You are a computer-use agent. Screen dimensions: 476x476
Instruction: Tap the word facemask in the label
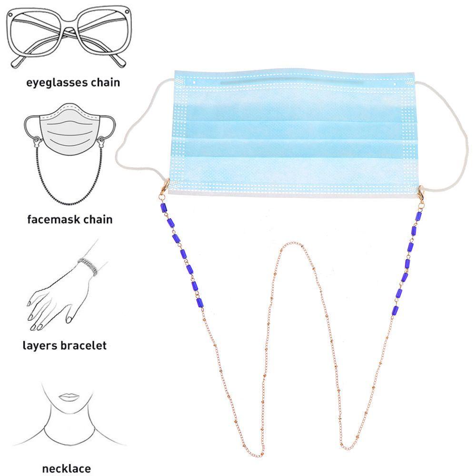pyautogui.click(x=49, y=219)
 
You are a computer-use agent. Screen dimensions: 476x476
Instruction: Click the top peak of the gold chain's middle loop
pyautogui.click(x=288, y=244)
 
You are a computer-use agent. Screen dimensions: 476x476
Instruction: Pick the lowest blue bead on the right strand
pyautogui.click(x=394, y=310)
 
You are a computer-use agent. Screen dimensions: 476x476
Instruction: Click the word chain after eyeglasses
pyautogui.click(x=105, y=83)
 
